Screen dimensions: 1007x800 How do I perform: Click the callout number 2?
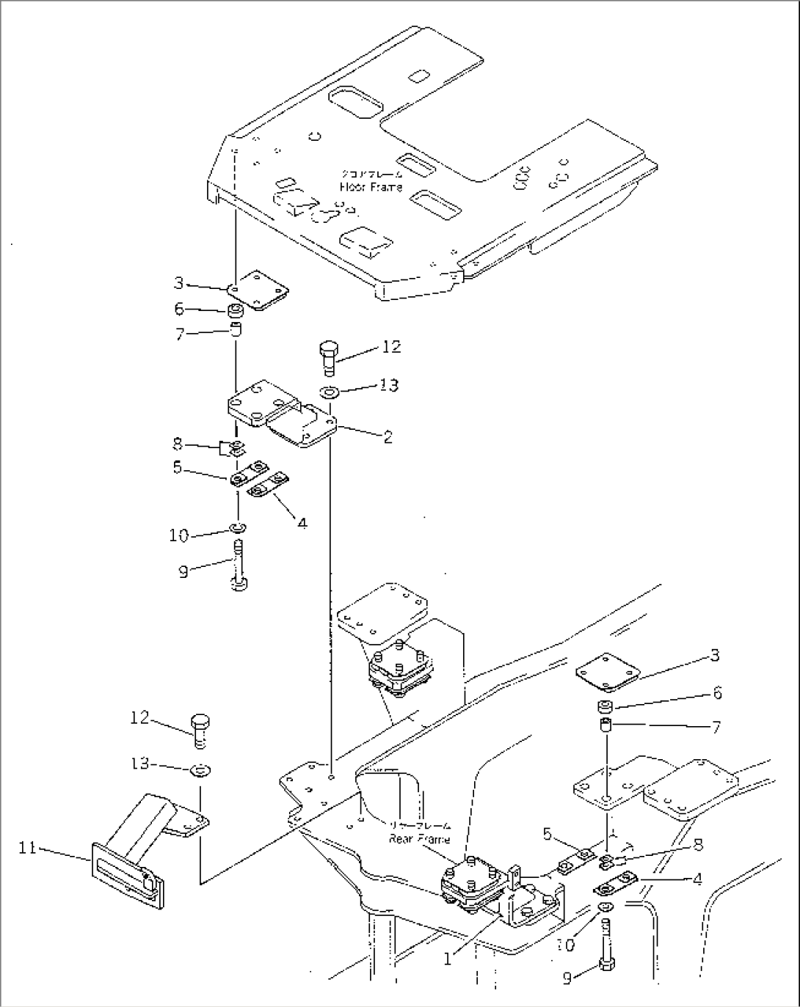[x=388, y=437]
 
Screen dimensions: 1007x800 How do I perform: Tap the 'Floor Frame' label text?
[x=371, y=187]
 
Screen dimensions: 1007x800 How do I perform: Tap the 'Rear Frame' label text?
[x=419, y=839]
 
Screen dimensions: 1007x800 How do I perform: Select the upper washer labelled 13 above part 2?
[x=329, y=391]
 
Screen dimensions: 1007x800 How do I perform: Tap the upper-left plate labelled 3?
[x=257, y=291]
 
